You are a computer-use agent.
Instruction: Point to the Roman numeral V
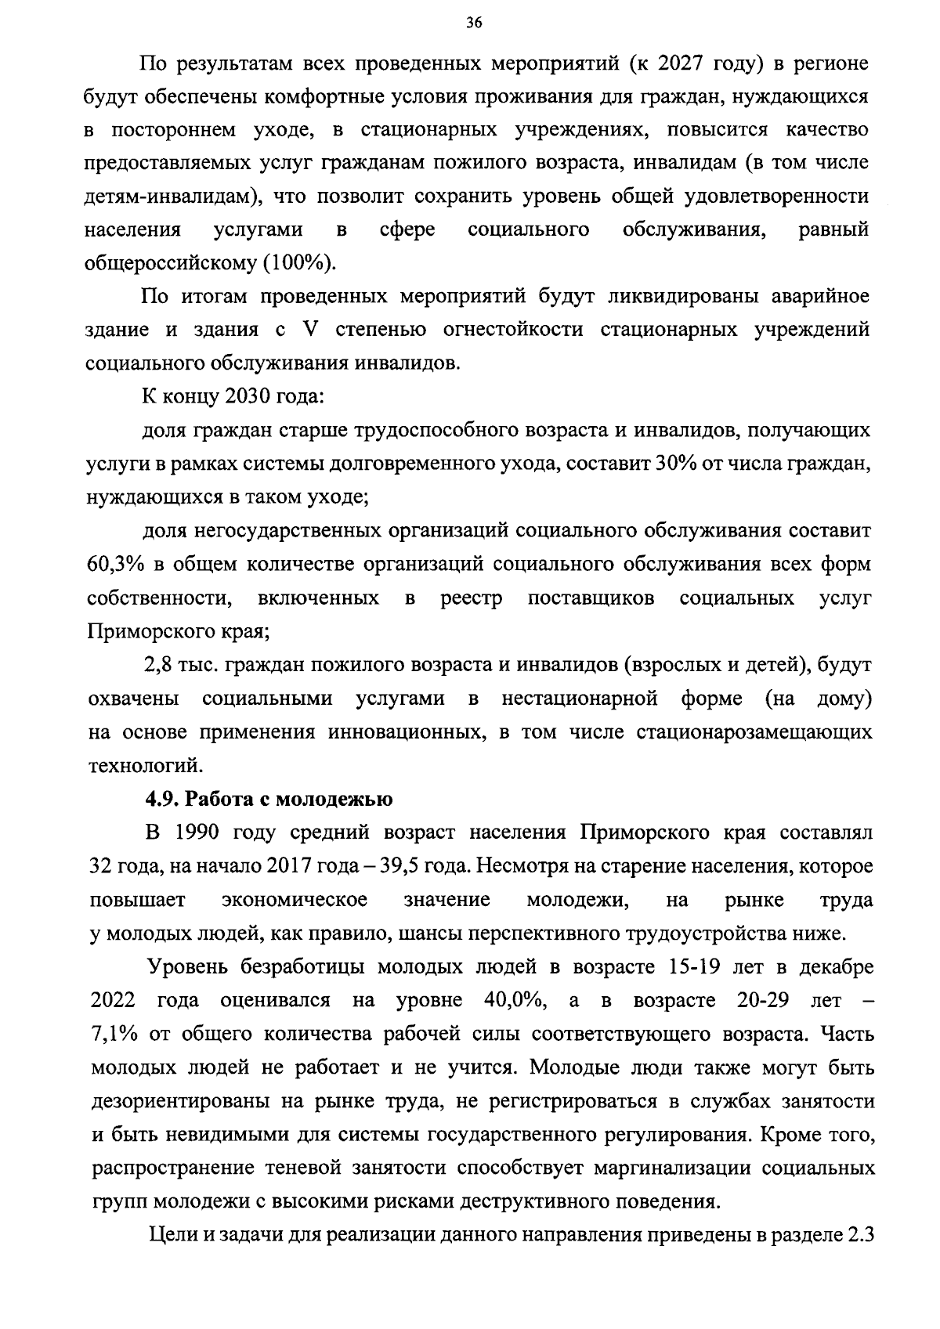pos(309,330)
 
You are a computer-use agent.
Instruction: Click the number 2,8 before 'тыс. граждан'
pos(159,666)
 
